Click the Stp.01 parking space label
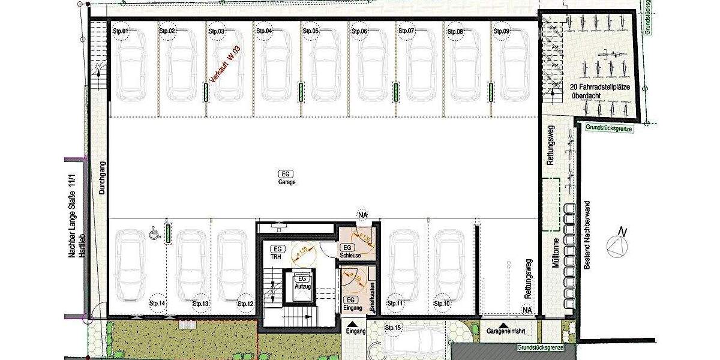point(121,31)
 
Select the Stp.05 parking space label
point(311,31)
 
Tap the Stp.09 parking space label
point(501,31)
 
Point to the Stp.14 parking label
point(157,304)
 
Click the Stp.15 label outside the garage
point(393,328)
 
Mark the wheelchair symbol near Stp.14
point(153,231)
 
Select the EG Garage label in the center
point(287,177)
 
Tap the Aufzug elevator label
point(302,283)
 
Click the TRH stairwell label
point(277,252)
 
